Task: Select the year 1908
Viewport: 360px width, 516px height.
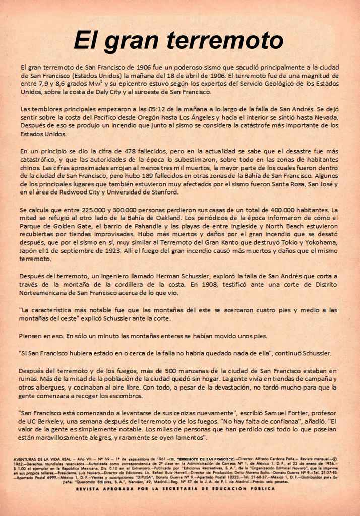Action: coord(219,284)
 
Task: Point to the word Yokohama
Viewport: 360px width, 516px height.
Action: coord(320,242)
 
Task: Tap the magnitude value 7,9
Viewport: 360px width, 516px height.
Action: coord(43,84)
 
